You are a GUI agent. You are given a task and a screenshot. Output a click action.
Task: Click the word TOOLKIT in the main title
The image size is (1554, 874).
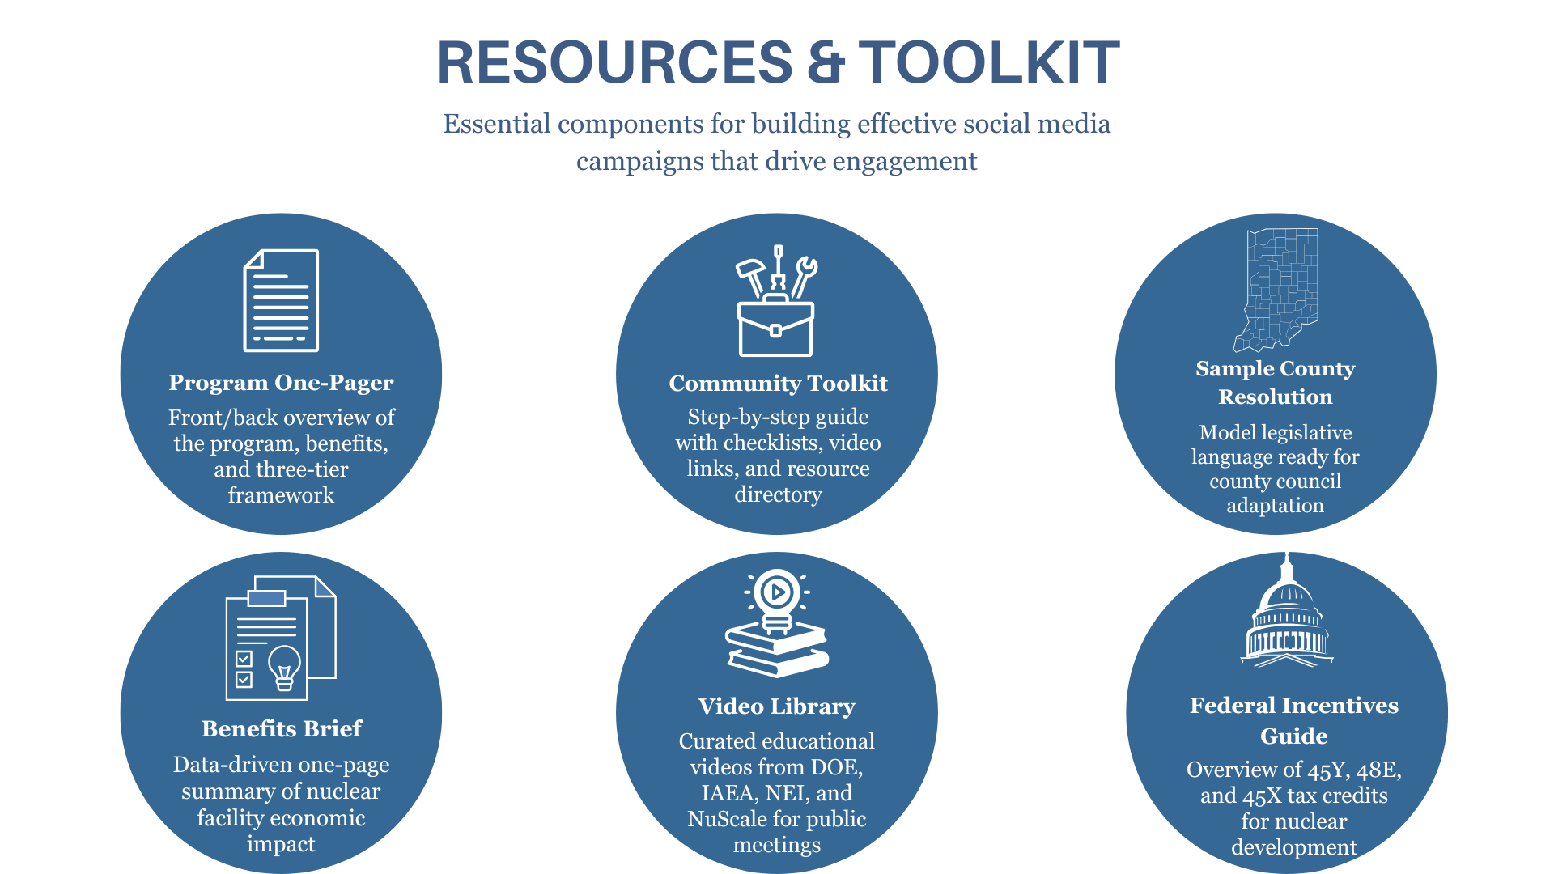click(x=989, y=62)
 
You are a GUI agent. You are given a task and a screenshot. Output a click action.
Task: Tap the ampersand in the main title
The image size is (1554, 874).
click(x=825, y=62)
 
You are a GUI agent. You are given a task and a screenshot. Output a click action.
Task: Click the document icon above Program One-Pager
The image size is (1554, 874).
click(x=281, y=300)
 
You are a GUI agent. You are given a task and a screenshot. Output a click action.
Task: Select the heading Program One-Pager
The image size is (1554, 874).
click(x=281, y=382)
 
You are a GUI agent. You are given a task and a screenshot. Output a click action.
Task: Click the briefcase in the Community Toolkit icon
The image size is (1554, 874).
click(x=775, y=327)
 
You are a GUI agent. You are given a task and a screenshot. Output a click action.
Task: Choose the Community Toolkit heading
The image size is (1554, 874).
click(x=778, y=383)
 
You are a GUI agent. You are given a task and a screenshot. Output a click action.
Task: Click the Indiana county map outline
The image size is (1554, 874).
click(x=1276, y=290)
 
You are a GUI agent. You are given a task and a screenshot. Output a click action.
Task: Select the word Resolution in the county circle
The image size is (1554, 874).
click(x=1276, y=397)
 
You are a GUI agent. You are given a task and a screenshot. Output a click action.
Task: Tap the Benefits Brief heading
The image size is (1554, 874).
click(x=282, y=728)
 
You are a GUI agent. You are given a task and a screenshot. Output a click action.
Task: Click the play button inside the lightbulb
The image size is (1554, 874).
click(x=777, y=592)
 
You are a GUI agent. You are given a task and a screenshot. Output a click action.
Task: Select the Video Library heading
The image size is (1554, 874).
click(x=777, y=706)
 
